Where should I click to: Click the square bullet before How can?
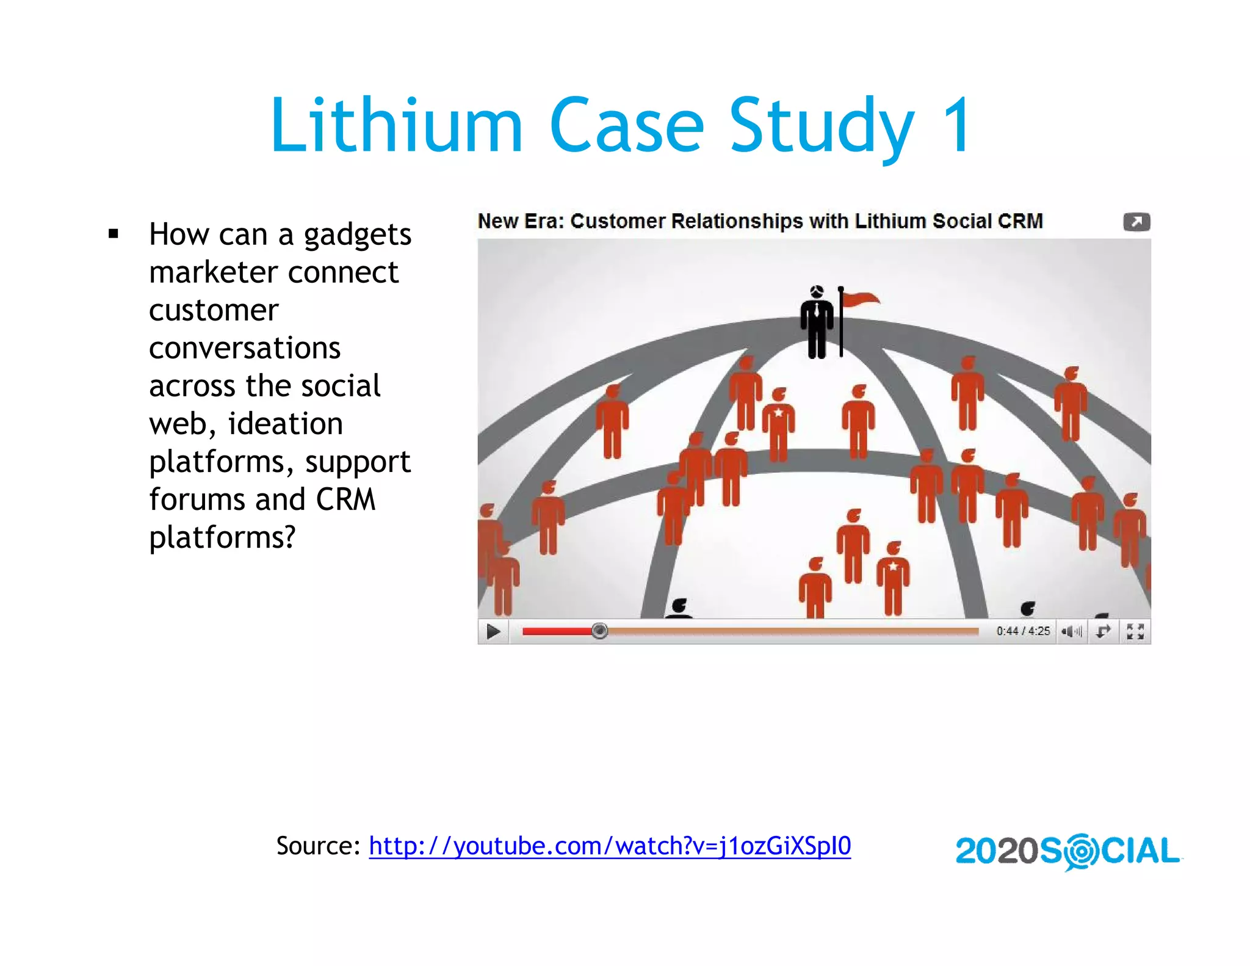pyautogui.click(x=114, y=233)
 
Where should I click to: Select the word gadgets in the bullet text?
pyautogui.click(x=358, y=235)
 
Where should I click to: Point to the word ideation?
pyautogui.click(x=285, y=424)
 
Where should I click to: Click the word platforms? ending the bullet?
pyautogui.click(x=222, y=537)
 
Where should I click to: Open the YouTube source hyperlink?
pyautogui.click(x=609, y=846)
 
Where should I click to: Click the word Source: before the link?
pyautogui.click(x=318, y=846)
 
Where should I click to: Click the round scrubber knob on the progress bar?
pyautogui.click(x=599, y=631)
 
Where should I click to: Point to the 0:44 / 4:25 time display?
pyautogui.click(x=1023, y=631)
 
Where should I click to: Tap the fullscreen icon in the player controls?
pyautogui.click(x=1135, y=631)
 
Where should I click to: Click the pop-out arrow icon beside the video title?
pyautogui.click(x=1136, y=222)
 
